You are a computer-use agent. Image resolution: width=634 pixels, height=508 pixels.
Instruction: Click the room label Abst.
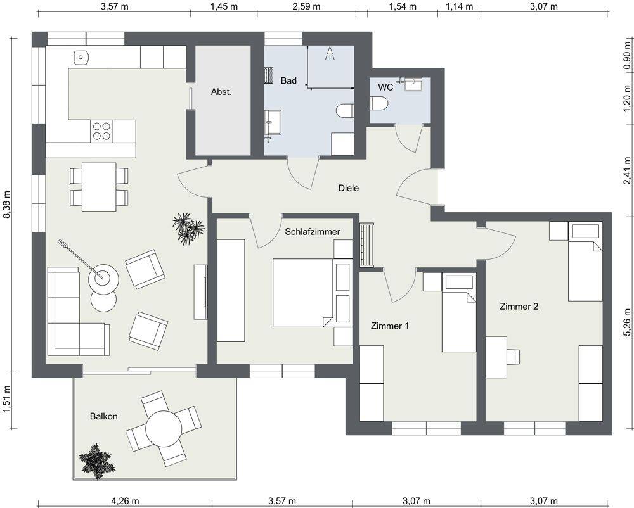click(221, 92)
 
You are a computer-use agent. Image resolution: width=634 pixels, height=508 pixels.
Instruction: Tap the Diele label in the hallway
click(349, 188)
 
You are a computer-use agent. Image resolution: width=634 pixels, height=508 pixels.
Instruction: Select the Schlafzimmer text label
click(313, 232)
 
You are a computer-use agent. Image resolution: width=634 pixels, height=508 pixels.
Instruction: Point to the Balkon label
click(104, 416)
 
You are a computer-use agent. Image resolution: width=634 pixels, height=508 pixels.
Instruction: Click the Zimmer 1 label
click(390, 326)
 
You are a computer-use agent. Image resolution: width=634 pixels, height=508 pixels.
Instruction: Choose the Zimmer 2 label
click(519, 307)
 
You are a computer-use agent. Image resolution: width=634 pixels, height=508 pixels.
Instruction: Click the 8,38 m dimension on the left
click(7, 205)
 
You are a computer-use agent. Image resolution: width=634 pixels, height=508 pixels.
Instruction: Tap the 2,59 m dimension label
click(306, 6)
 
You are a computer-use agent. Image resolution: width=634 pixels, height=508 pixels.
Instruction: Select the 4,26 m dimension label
click(126, 501)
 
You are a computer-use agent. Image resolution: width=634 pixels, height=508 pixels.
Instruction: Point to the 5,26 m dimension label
click(627, 322)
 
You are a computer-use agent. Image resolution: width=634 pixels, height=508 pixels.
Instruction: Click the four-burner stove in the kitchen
click(101, 131)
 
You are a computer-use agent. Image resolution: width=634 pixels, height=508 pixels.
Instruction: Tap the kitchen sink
click(81, 58)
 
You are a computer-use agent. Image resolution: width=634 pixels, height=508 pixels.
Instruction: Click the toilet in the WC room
click(379, 103)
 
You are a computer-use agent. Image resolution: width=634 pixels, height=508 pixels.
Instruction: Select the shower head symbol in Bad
click(330, 53)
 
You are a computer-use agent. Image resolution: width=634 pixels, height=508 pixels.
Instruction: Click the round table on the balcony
click(164, 428)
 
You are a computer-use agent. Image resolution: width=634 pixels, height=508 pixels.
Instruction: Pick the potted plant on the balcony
click(97, 462)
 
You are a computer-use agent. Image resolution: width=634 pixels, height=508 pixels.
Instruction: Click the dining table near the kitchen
click(99, 187)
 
